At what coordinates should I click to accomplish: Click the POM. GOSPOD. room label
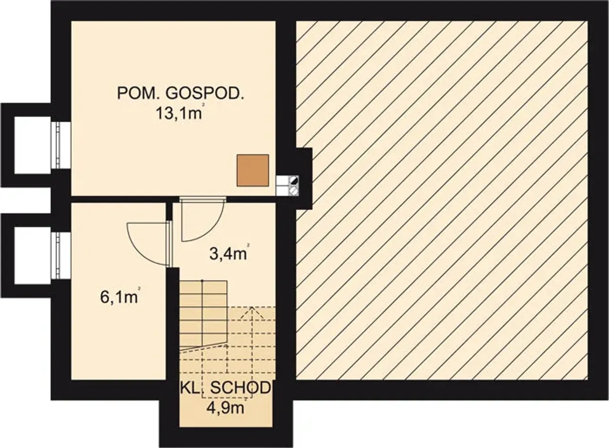(180, 93)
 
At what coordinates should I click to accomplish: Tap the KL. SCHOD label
(226, 388)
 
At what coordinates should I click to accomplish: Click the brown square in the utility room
(253, 170)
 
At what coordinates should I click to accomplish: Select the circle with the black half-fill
(294, 181)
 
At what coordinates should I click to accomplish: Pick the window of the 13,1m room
(61, 145)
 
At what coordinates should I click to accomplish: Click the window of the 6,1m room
(61, 255)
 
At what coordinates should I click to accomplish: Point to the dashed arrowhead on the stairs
(252, 312)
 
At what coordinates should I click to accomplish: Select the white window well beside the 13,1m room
(32, 145)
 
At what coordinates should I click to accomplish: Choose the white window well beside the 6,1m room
(32, 255)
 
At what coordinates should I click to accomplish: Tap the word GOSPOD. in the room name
(205, 93)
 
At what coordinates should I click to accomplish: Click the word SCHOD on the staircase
(240, 388)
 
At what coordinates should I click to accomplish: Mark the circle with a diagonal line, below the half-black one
(294, 191)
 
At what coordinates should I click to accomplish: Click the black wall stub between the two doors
(169, 212)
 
